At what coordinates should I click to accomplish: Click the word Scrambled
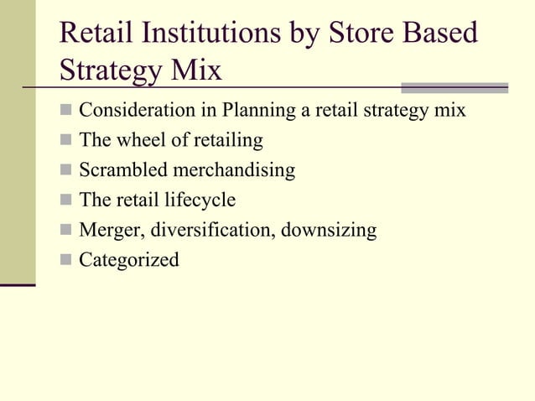(x=122, y=169)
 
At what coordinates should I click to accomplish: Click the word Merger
(x=110, y=230)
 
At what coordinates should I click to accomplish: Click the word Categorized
(x=129, y=260)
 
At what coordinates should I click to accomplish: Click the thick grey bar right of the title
(x=454, y=87)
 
